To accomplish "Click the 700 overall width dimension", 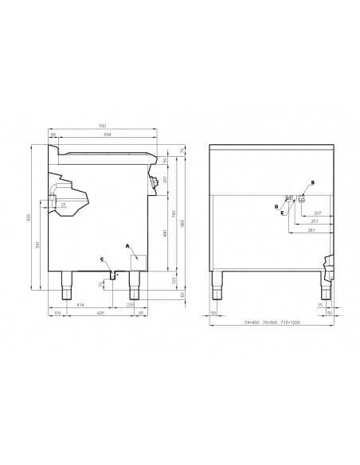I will [x=101, y=127].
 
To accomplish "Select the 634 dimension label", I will [x=107, y=135].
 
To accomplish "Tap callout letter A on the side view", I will [x=127, y=246].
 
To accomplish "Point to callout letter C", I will [x=102, y=259].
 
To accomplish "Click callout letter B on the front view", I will [x=312, y=183].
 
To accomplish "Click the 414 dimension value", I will [x=80, y=305].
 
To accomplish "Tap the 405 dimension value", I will [x=100, y=314].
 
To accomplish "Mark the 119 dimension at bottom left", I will [x=57, y=314].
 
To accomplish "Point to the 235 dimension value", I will [x=131, y=305].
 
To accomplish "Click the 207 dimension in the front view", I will [x=317, y=213].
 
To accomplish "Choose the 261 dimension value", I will [x=311, y=231].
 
